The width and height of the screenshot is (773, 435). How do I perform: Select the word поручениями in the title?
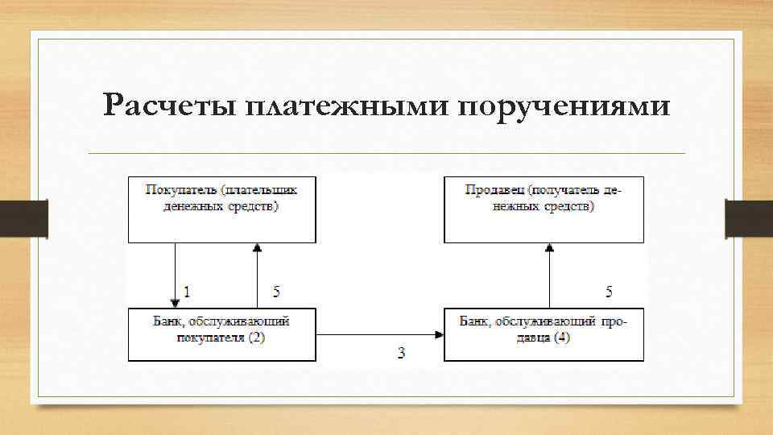pyautogui.click(x=564, y=106)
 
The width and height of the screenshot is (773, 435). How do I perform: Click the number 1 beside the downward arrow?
pyautogui.click(x=187, y=290)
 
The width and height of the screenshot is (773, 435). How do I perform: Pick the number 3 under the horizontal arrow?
pyautogui.click(x=401, y=353)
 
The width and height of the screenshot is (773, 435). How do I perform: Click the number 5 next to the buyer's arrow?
pyautogui.click(x=276, y=290)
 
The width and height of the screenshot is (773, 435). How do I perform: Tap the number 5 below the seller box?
pyautogui.click(x=610, y=290)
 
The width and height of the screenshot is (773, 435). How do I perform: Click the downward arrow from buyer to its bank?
pyautogui.click(x=175, y=274)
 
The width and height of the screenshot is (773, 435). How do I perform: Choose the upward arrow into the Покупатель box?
pyautogui.click(x=257, y=274)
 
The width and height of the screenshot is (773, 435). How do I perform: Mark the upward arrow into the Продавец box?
pyautogui.click(x=551, y=274)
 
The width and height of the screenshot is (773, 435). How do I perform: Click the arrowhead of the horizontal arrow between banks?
pyautogui.click(x=439, y=335)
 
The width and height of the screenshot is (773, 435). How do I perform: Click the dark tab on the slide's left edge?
pyautogui.click(x=23, y=218)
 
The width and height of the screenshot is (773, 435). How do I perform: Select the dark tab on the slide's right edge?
pyautogui.click(x=749, y=218)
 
